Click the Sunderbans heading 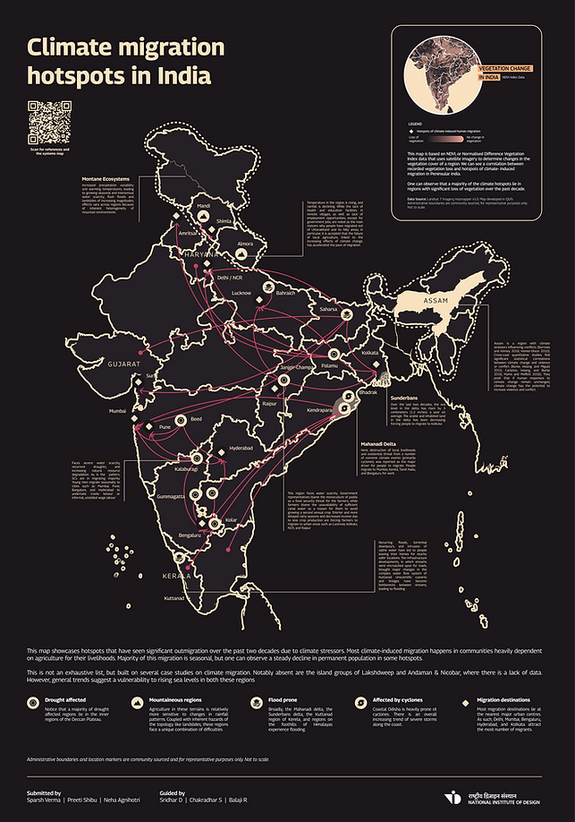click(x=406, y=396)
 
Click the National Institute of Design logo click(x=450, y=797)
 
